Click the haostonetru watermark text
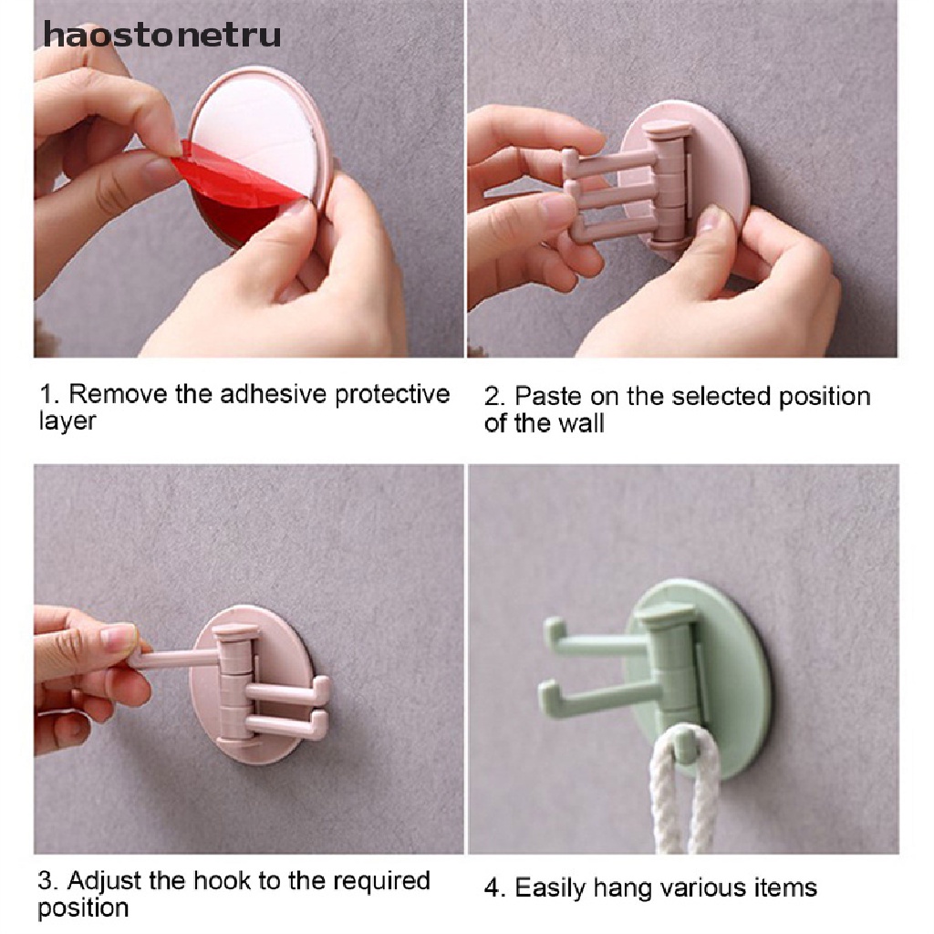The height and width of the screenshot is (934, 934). (x=162, y=35)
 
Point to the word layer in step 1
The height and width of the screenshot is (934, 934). (x=67, y=421)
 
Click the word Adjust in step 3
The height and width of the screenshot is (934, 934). (x=106, y=880)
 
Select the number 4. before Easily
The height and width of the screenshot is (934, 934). (x=495, y=888)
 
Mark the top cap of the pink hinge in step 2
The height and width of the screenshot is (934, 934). (x=665, y=129)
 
